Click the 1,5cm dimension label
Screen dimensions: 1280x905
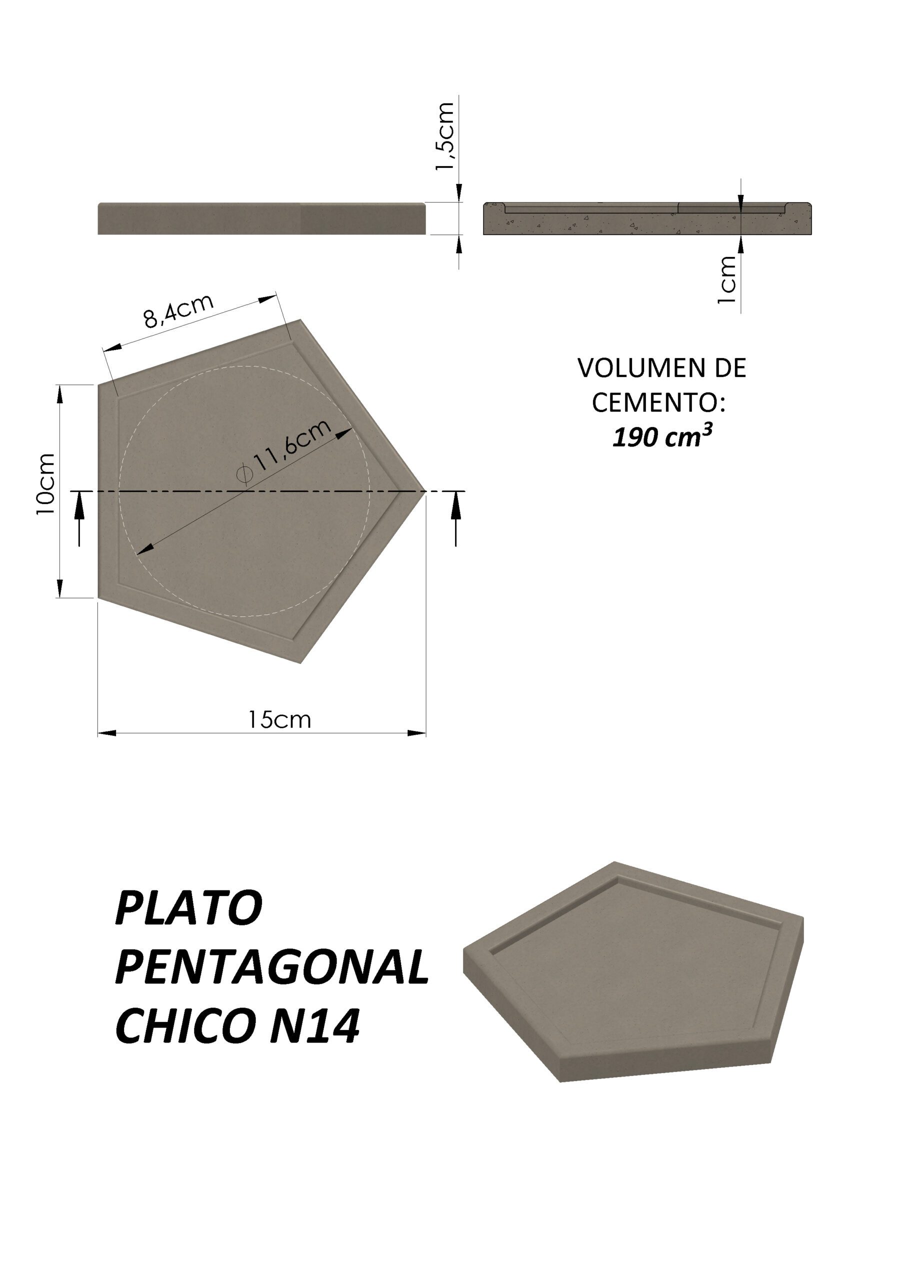click(445, 136)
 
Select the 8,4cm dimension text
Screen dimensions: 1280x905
click(178, 310)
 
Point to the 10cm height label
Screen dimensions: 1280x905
click(45, 484)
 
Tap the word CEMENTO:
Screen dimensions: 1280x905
click(658, 402)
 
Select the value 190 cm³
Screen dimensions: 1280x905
click(662, 437)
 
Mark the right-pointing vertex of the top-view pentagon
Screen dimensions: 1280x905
click(425, 491)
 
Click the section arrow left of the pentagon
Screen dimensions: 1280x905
click(79, 518)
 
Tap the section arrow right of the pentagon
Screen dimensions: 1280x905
click(456, 518)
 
